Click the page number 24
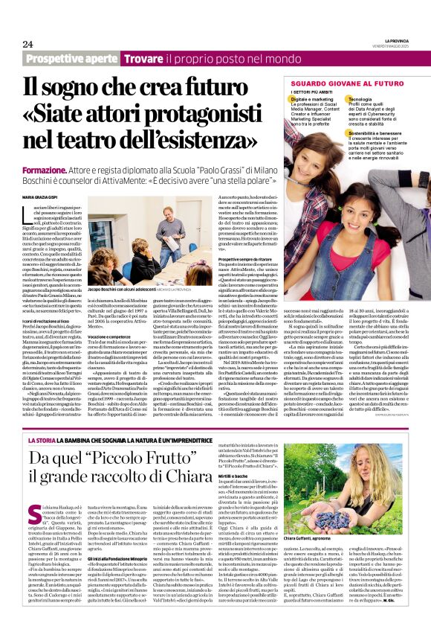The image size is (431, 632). pyautogui.click(x=27, y=44)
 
